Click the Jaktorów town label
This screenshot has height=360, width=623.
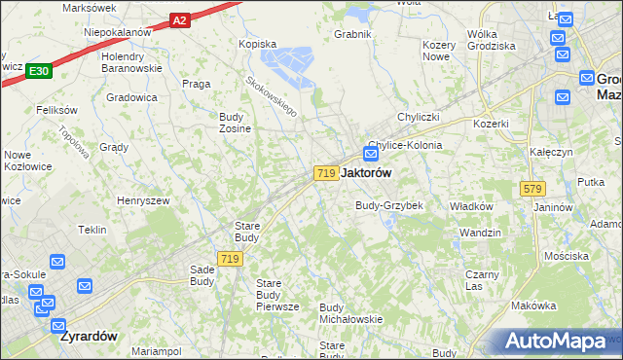coord(367,172)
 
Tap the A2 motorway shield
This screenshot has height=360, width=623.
coord(179,19)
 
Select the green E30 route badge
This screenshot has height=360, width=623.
coord(39,71)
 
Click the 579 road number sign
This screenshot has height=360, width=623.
coord(531,189)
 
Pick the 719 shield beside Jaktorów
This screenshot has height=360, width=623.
coord(326,172)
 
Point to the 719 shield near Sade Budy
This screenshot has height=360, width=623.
coord(230,259)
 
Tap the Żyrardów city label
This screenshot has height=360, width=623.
coord(89,337)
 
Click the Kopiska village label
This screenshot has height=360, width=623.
coord(259,44)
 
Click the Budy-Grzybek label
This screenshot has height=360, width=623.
coord(388,206)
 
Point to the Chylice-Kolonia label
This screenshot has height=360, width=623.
coord(405,145)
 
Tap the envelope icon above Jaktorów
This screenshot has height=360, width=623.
coord(371,154)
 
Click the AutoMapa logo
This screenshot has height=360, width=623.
coord(558,342)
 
